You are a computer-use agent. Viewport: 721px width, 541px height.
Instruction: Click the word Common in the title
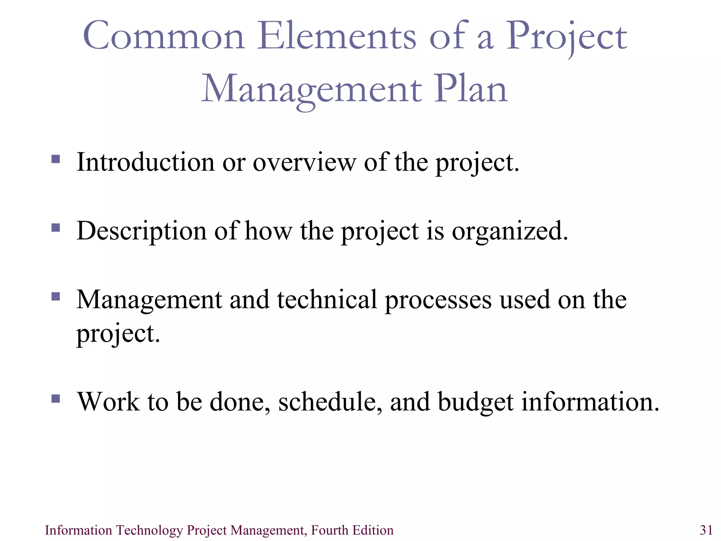[164, 36]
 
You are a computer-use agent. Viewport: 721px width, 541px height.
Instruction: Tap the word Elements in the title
[337, 36]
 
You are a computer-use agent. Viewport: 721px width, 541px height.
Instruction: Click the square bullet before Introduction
[56, 159]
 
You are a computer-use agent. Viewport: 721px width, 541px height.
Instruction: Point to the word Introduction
[145, 162]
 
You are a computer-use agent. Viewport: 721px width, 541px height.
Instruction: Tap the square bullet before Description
[56, 228]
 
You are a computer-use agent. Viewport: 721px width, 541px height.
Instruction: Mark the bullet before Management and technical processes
[56, 296]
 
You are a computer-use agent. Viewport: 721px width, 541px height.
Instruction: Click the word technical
[327, 300]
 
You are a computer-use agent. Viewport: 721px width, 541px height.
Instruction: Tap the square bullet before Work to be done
[56, 398]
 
